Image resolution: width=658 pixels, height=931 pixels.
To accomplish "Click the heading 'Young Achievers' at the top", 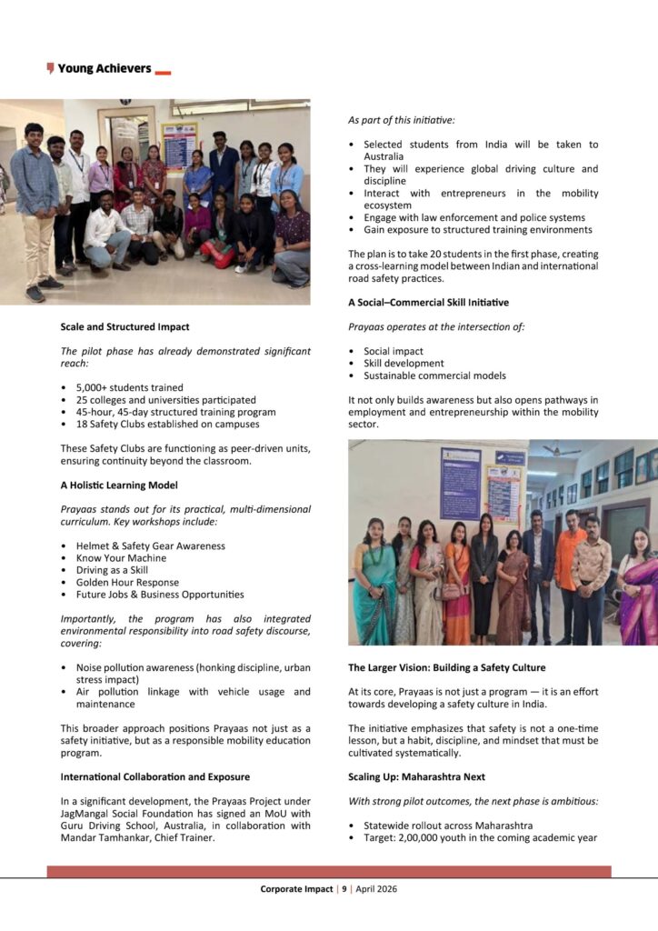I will [104, 68].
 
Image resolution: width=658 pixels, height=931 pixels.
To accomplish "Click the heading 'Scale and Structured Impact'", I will [125, 326].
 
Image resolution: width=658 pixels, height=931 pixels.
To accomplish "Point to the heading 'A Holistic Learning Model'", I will [119, 486].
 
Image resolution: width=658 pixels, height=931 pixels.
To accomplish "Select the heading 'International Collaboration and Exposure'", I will [155, 777].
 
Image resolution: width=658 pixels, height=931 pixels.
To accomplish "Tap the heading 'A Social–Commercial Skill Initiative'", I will [428, 302].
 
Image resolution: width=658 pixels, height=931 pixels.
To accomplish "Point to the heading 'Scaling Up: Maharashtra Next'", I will [416, 777].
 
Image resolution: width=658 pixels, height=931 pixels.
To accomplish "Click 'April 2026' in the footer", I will [376, 889].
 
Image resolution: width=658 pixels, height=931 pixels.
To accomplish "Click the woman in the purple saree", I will [637, 591].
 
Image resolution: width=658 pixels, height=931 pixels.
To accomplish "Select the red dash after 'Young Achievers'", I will [163, 71].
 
